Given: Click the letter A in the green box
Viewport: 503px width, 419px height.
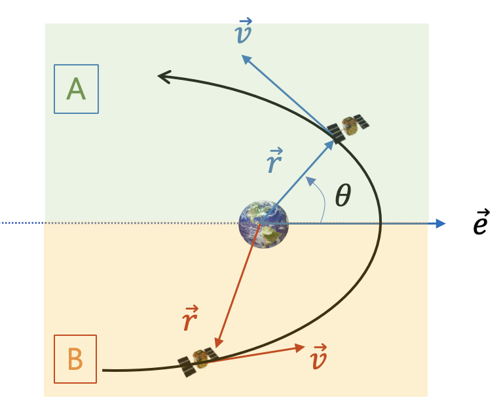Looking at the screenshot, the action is (x=76, y=89).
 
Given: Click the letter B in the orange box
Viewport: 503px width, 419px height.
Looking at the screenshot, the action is (x=75, y=359).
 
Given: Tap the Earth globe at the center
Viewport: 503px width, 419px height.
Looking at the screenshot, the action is (x=263, y=224).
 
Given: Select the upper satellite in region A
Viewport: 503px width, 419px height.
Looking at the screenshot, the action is (x=347, y=128).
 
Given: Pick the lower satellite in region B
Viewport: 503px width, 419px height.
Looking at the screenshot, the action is (x=197, y=361).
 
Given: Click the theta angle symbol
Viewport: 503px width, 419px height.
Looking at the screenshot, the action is (x=343, y=195).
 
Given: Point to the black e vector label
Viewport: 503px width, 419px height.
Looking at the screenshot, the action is (x=481, y=223).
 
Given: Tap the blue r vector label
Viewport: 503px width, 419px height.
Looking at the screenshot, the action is (x=274, y=162).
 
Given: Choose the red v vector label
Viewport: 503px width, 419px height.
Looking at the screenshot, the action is (x=317, y=357).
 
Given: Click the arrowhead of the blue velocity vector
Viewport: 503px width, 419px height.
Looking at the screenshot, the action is (x=244, y=58).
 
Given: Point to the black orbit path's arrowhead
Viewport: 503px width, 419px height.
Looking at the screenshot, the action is (x=162, y=77).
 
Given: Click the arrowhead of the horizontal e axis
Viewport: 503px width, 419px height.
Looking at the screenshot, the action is (x=441, y=224).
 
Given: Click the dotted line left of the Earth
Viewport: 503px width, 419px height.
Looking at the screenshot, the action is (x=118, y=224).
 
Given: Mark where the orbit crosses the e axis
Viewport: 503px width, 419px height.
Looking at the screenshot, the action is (x=381, y=224).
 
